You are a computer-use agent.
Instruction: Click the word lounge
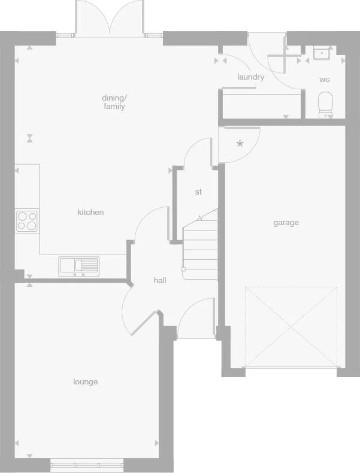86,382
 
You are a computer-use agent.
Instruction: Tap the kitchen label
90,212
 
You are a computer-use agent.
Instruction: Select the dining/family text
114,102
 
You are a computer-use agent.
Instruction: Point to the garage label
286,223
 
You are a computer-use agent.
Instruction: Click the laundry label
250,77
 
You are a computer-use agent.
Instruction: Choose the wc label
324,80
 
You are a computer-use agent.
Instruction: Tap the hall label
160,280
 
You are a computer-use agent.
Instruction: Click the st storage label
198,192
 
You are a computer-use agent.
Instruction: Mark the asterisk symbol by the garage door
240,144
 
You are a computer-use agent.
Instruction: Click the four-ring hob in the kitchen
26,221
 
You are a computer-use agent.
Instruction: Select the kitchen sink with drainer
78,265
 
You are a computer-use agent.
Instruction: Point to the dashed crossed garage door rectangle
291,326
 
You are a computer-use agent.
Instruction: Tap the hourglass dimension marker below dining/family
30,139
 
